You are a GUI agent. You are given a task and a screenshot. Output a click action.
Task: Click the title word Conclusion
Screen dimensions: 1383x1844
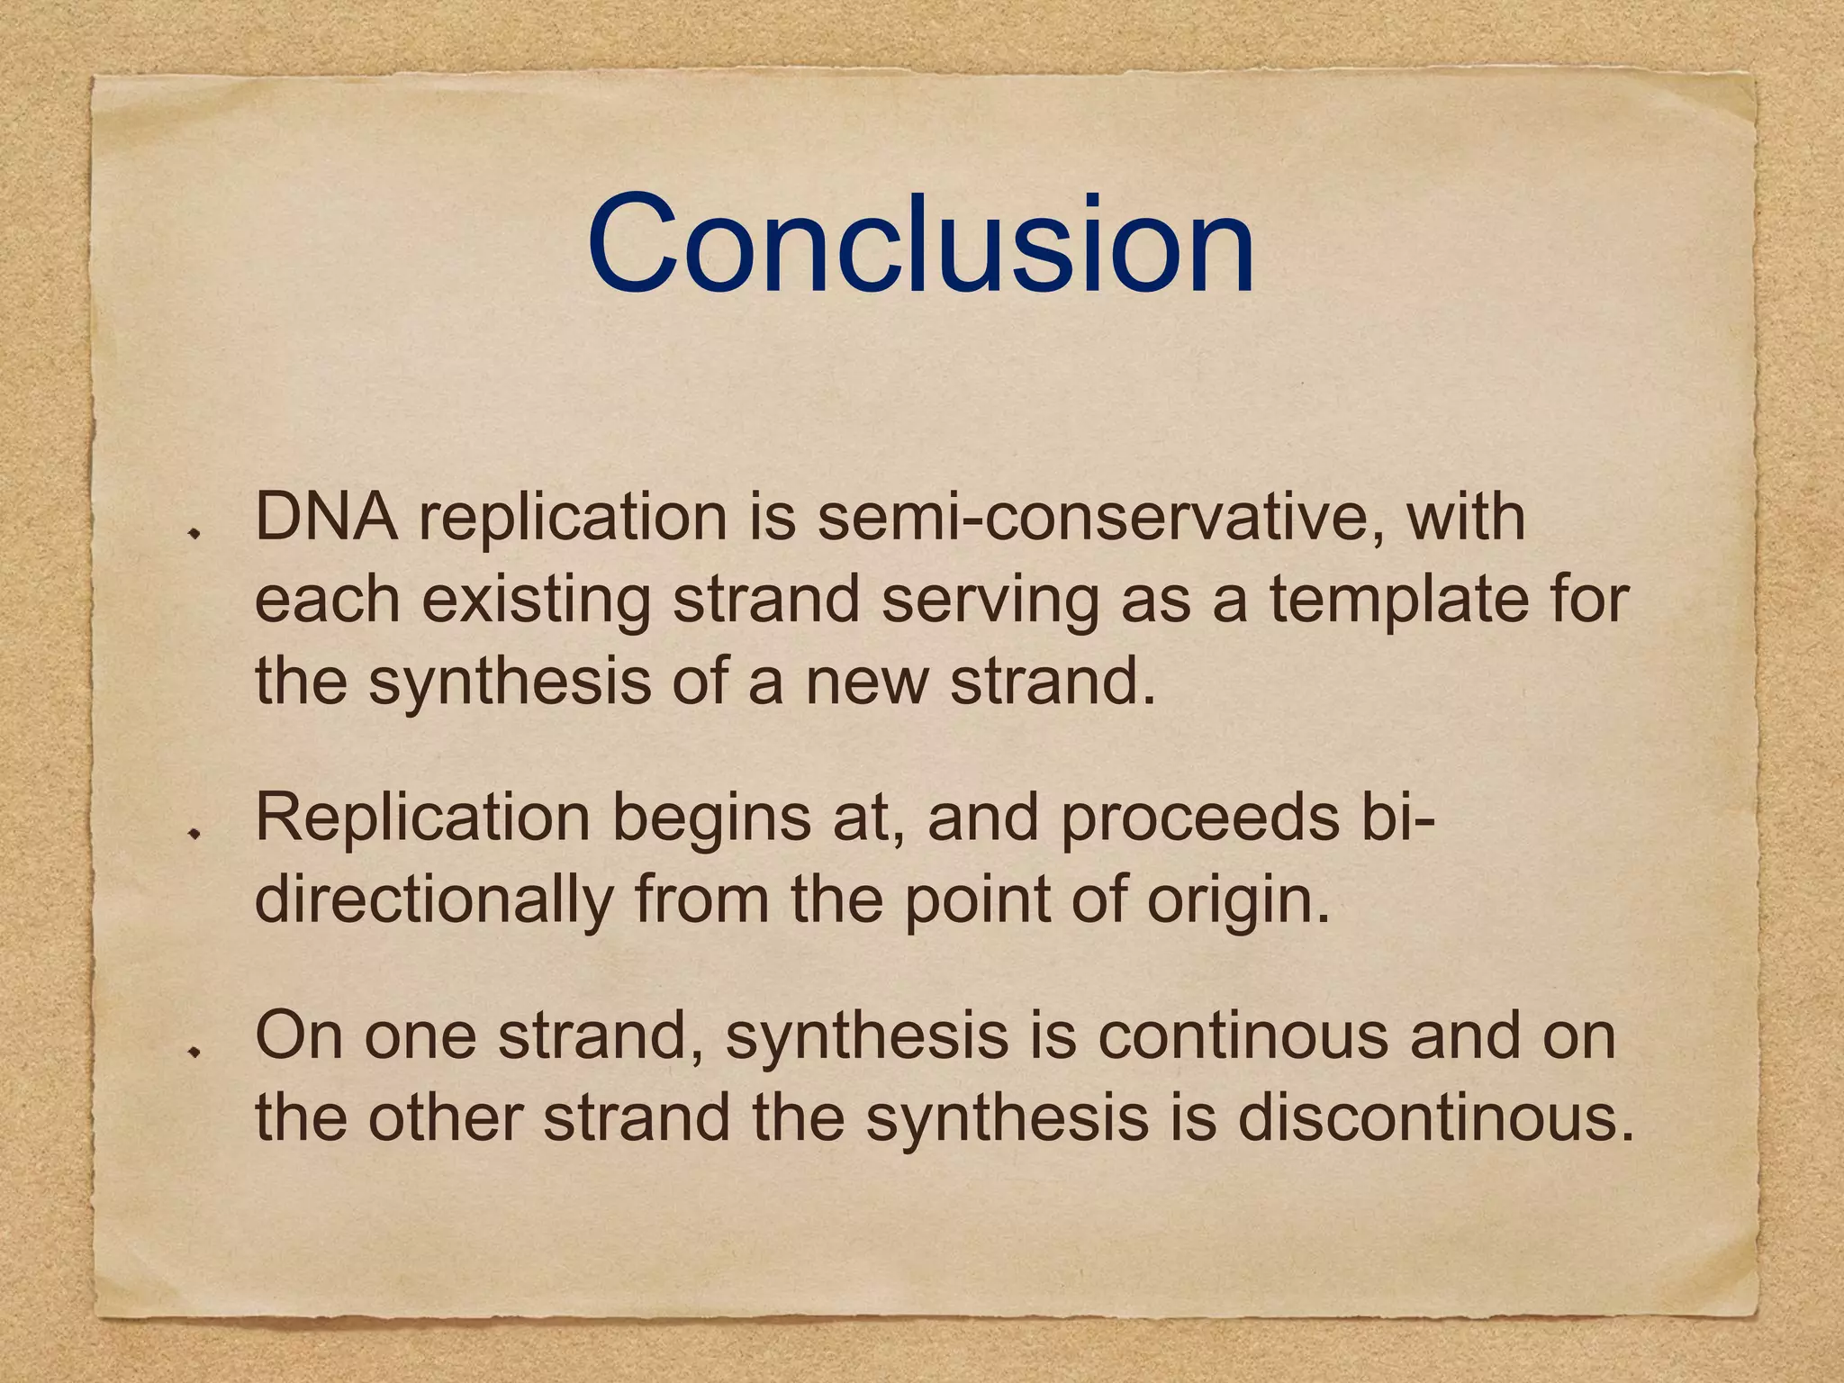(920, 245)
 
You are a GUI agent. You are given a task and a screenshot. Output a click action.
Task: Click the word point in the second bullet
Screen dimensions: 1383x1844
(977, 900)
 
